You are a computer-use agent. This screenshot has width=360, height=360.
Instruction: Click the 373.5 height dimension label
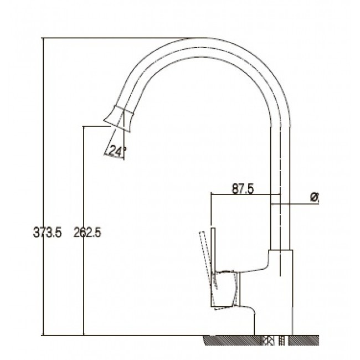pyautogui.click(x=48, y=233)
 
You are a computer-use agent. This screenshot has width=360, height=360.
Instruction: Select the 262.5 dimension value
pyautogui.click(x=88, y=233)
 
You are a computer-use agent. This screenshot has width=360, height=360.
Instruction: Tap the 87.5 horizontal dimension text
pyautogui.click(x=243, y=189)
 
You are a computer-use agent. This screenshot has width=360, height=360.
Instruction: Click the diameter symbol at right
pyautogui.click(x=315, y=197)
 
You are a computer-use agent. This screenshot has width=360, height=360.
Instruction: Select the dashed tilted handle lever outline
pyautogui.click(x=208, y=259)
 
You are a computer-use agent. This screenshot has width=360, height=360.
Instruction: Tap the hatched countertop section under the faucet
pyautogui.click(x=261, y=340)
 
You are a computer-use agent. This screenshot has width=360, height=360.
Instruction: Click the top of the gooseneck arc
pyautogui.click(x=202, y=38)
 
